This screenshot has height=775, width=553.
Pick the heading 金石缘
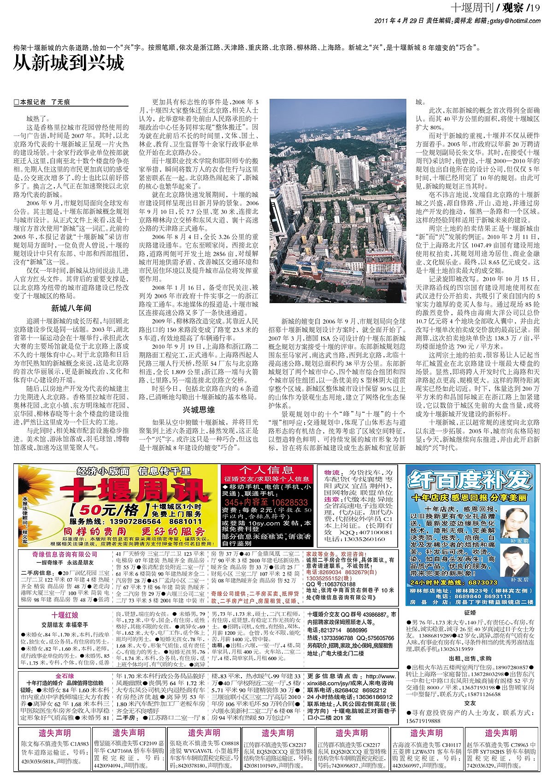(x=65, y=677)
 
